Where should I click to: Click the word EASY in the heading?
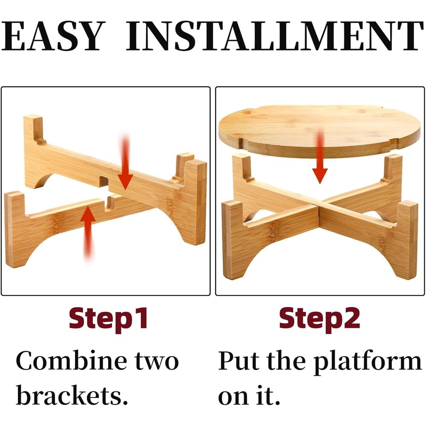pyautogui.click(x=53, y=36)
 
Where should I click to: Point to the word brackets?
pyautogui.click(x=72, y=394)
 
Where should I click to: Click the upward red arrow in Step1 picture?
pyautogui.click(x=88, y=232)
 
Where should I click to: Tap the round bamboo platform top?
pyautogui.click(x=319, y=128)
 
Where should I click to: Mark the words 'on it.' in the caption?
pyautogui.click(x=249, y=395)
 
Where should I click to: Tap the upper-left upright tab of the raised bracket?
pyautogui.click(x=34, y=128)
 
